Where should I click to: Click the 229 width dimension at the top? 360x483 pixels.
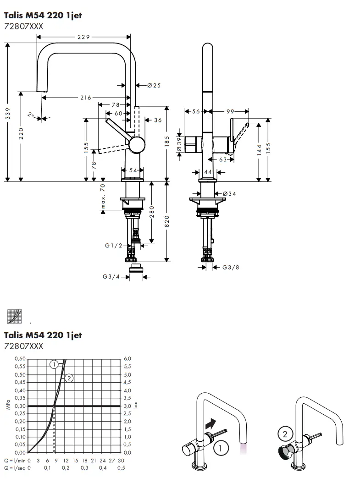tap(83, 37)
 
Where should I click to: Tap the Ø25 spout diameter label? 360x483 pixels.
tap(154, 85)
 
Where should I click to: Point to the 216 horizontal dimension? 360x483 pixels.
tap(85, 98)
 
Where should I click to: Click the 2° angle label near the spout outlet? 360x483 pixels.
tap(31, 115)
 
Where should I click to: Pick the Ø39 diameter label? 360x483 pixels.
tap(179, 144)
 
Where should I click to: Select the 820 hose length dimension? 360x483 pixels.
tap(167, 221)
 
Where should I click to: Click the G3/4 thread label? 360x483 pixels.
tap(111, 276)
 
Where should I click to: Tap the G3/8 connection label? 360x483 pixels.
tap(231, 267)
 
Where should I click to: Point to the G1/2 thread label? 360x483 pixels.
tap(113, 246)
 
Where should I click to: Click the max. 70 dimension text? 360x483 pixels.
tap(103, 196)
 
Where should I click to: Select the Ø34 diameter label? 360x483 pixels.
tap(230, 194)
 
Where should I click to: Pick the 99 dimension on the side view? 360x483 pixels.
tap(230, 111)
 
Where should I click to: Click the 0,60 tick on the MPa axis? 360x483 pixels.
tap(19, 358)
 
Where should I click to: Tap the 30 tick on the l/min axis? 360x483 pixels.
tap(121, 460)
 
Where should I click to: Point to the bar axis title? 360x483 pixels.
tap(136, 406)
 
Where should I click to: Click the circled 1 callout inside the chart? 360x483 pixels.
tap(54, 364)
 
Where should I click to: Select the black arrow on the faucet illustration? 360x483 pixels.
tap(209, 424)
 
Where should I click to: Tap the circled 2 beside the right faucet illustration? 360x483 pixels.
tap(284, 433)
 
